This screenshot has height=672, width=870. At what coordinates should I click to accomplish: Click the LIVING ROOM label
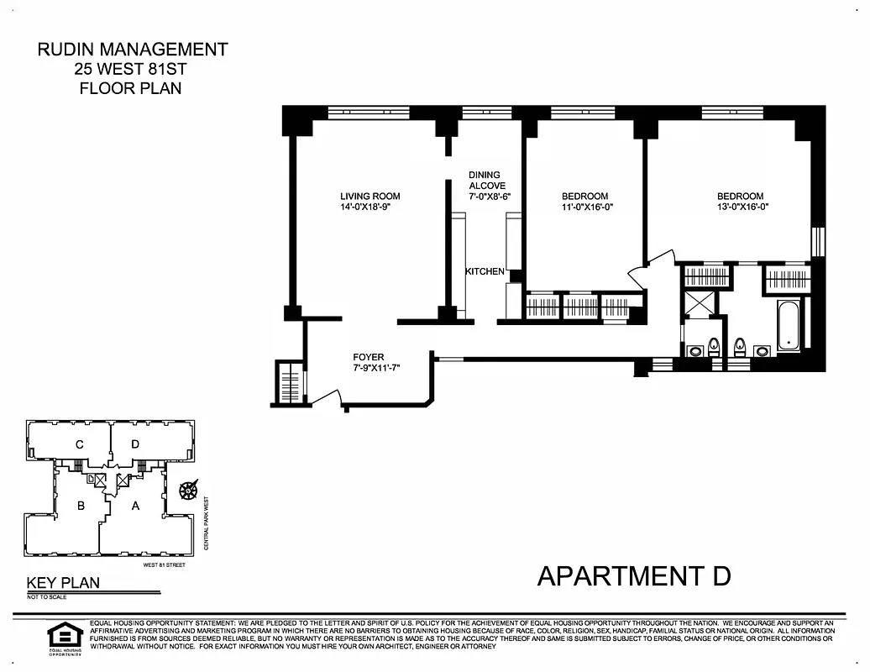click(x=364, y=197)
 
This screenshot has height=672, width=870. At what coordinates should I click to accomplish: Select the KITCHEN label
click(x=485, y=271)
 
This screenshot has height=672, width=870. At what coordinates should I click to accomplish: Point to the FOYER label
click(x=369, y=357)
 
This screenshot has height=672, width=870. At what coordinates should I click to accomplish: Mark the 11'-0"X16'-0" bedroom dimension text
click(x=584, y=207)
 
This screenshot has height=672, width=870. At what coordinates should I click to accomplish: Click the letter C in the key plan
click(x=80, y=444)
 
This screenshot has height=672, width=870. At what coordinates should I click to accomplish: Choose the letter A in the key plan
click(x=134, y=506)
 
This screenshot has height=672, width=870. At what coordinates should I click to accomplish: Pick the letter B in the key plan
click(x=81, y=506)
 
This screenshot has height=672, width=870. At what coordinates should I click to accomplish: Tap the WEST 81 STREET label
click(x=163, y=565)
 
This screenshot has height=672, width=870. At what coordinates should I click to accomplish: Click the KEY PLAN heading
click(x=63, y=582)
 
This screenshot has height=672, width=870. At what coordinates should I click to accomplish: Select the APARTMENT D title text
click(x=633, y=576)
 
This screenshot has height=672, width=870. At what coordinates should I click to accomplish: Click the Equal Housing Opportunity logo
click(x=59, y=635)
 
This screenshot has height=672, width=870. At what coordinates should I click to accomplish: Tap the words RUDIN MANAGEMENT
click(x=133, y=50)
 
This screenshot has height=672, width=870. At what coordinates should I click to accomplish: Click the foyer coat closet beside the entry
click(x=288, y=383)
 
